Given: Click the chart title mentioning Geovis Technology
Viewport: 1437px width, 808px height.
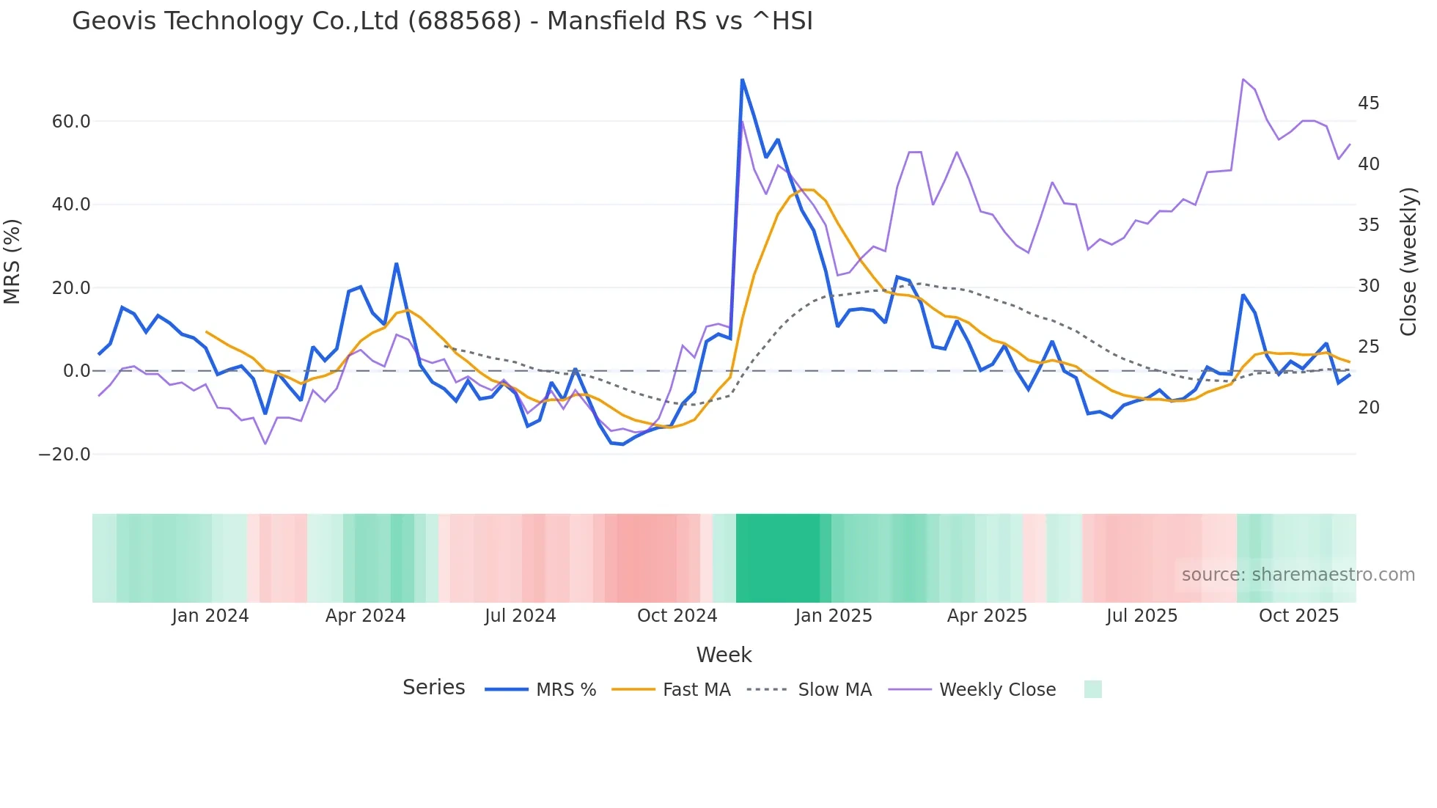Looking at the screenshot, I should click(x=442, y=21).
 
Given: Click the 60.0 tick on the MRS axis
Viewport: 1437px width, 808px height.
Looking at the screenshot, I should click(x=71, y=122).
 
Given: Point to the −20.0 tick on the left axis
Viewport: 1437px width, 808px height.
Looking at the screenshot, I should click(x=65, y=455).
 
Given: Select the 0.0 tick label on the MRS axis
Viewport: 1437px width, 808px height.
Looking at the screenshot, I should click(x=77, y=371).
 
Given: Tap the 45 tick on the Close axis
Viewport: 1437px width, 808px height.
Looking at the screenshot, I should click(x=1368, y=103).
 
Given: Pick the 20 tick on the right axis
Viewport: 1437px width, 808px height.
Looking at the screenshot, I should click(x=1368, y=408).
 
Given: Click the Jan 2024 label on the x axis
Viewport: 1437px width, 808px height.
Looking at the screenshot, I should click(x=210, y=616).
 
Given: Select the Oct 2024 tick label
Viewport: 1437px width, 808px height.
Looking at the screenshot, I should click(x=677, y=616).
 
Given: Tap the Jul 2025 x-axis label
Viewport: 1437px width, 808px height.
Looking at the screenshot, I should click(x=1142, y=616).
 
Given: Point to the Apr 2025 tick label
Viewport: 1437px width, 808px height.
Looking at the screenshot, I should click(x=987, y=616).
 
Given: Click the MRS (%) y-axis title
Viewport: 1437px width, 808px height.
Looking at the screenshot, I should click(x=12, y=262).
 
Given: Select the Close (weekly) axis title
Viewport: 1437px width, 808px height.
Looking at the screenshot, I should click(x=1408, y=262).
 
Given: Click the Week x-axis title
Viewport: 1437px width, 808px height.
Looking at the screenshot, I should click(x=724, y=655).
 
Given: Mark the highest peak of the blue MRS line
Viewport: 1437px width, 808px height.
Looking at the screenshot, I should click(x=742, y=79).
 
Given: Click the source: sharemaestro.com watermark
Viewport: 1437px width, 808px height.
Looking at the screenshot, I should click(x=1298, y=575).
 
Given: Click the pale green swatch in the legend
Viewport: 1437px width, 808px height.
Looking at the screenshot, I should click(x=1092, y=690).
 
